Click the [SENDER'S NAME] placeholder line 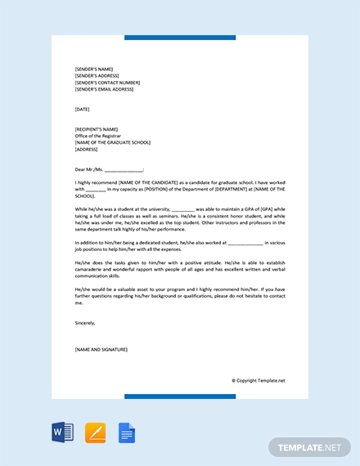(93, 69)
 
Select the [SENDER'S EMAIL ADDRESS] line (104, 89)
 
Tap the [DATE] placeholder (82, 109)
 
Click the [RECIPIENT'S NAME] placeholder (96, 128)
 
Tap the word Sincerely (85, 322)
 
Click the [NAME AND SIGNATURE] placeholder (101, 349)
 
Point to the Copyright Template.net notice (258, 380)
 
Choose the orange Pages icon (95, 432)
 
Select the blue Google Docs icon (127, 432)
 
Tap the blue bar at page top (179, 38)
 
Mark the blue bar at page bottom (179, 397)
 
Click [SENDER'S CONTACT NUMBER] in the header (106, 83)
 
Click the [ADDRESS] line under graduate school (86, 150)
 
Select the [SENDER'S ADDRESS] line (97, 75)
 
